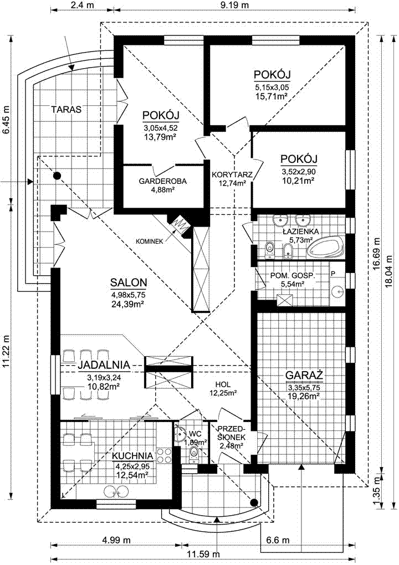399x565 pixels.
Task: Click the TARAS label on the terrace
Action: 66,110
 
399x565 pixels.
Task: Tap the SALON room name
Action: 129,282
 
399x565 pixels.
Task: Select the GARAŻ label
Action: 304,375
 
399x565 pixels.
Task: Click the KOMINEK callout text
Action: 150,240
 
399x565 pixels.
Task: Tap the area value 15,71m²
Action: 272,96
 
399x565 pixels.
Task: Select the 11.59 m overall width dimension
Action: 204,554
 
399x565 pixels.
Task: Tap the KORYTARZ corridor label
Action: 232,174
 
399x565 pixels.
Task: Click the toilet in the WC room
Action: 194,453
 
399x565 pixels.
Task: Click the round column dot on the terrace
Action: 56,176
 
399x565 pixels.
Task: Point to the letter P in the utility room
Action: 333,274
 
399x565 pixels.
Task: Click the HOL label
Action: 223,384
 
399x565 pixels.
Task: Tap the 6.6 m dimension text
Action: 277,541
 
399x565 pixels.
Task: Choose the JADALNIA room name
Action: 104,364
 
